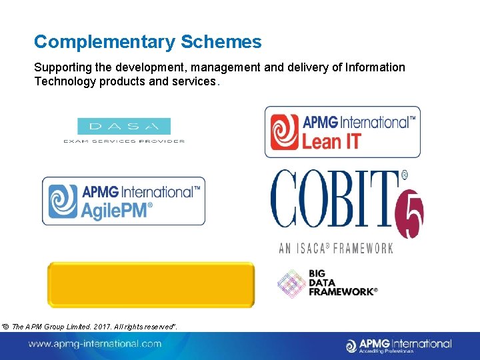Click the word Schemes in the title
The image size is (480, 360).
click(220, 42)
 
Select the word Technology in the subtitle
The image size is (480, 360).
click(64, 81)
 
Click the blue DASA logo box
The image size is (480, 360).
click(124, 126)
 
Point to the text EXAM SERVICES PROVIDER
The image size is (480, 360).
click(124, 141)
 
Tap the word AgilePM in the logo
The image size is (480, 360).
click(117, 209)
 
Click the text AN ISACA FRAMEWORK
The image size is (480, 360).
click(336, 248)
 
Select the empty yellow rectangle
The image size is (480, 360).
click(151, 285)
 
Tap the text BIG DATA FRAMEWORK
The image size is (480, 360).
click(343, 283)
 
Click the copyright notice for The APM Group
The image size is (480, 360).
click(89, 325)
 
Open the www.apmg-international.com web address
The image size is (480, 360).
click(95, 344)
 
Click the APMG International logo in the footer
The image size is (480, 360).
click(399, 345)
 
